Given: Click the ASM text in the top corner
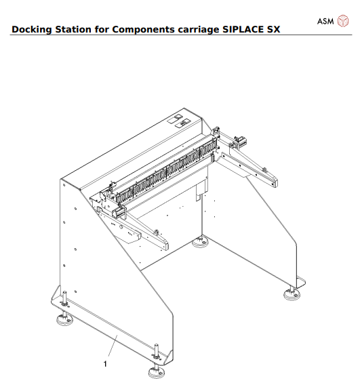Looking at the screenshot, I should pyautogui.click(x=326, y=21).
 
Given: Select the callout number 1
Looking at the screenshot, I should pyautogui.click(x=105, y=363).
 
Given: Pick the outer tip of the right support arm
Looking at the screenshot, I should pyautogui.click(x=275, y=182).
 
